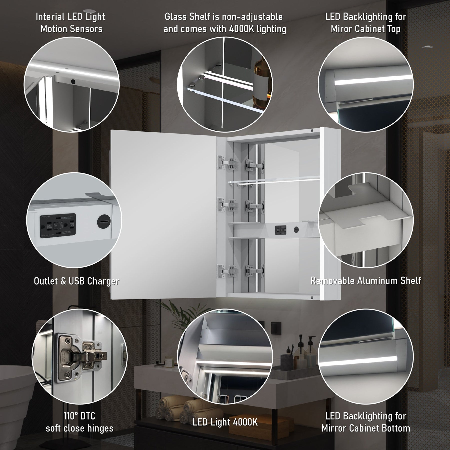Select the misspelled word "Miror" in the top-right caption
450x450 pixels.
pyautogui.click(x=342, y=29)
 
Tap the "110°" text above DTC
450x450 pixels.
pyautogui.click(x=70, y=416)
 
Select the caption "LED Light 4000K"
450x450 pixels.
pyautogui.click(x=225, y=422)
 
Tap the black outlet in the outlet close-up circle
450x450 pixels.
pyautogui.click(x=58, y=226)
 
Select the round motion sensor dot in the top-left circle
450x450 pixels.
pyautogui.click(x=73, y=81)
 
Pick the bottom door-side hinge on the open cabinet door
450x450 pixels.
pyautogui.click(x=223, y=271)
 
